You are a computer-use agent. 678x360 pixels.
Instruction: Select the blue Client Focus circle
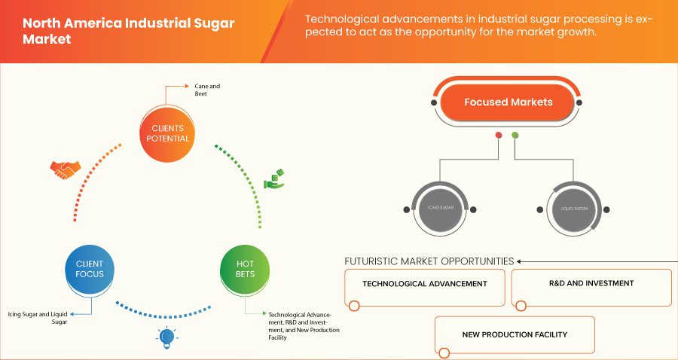(90, 269)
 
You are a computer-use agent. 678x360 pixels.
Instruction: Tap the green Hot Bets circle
(245, 269)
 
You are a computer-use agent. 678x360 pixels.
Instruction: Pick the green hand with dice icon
(273, 178)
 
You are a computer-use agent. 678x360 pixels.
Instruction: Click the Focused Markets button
(508, 102)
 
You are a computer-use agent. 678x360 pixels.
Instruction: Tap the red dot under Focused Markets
(498, 136)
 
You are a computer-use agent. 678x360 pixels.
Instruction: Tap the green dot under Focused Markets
(515, 136)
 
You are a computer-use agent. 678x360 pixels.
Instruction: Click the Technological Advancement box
(424, 285)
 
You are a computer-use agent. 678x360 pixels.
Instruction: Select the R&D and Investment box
(591, 284)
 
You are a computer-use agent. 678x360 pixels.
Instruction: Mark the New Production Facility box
(515, 334)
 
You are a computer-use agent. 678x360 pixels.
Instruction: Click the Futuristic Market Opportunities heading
(429, 261)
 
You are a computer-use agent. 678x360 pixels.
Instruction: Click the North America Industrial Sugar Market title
(128, 30)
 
